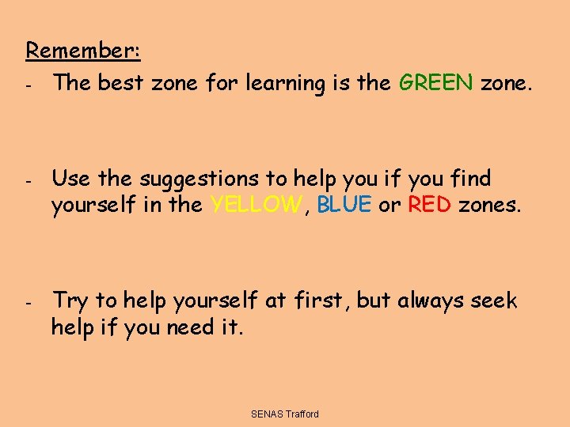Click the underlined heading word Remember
tap(82, 50)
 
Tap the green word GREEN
tap(436, 83)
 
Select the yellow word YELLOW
tap(256, 205)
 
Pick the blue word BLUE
tap(344, 205)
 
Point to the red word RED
tap(429, 205)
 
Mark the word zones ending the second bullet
tap(490, 205)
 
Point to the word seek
tap(494, 300)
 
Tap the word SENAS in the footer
tap(267, 414)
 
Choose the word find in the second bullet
tap(469, 179)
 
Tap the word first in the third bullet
tap(319, 300)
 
